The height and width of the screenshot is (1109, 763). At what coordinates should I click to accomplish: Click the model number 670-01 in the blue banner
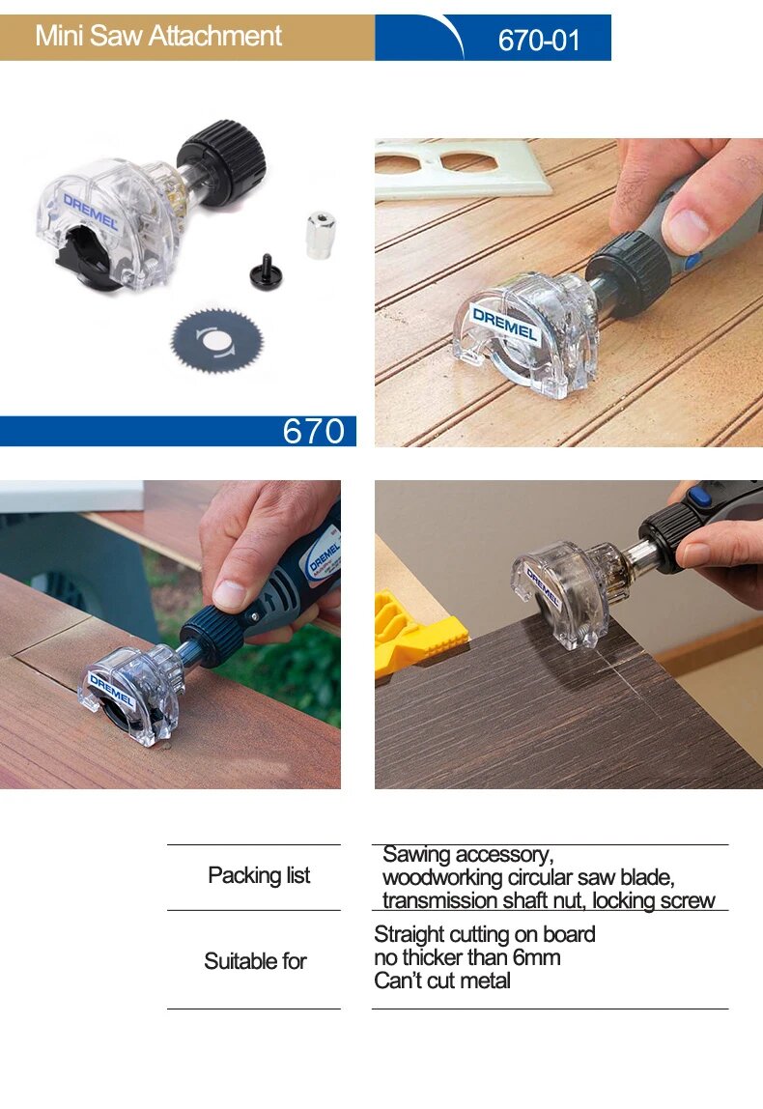pyautogui.click(x=539, y=41)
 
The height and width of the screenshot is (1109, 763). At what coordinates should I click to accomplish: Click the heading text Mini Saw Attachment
pyautogui.click(x=158, y=36)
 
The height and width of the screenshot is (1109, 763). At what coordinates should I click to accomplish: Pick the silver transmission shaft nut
pyautogui.click(x=320, y=235)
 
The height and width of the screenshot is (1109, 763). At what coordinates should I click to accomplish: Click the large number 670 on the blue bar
pyautogui.click(x=314, y=431)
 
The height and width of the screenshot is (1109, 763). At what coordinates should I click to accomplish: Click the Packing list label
pyautogui.click(x=259, y=875)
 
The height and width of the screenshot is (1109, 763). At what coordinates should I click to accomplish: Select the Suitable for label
pyautogui.click(x=255, y=961)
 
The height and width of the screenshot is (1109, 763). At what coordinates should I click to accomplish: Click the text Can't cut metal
pyautogui.click(x=442, y=981)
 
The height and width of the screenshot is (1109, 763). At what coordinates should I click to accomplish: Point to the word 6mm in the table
pyautogui.click(x=537, y=957)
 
